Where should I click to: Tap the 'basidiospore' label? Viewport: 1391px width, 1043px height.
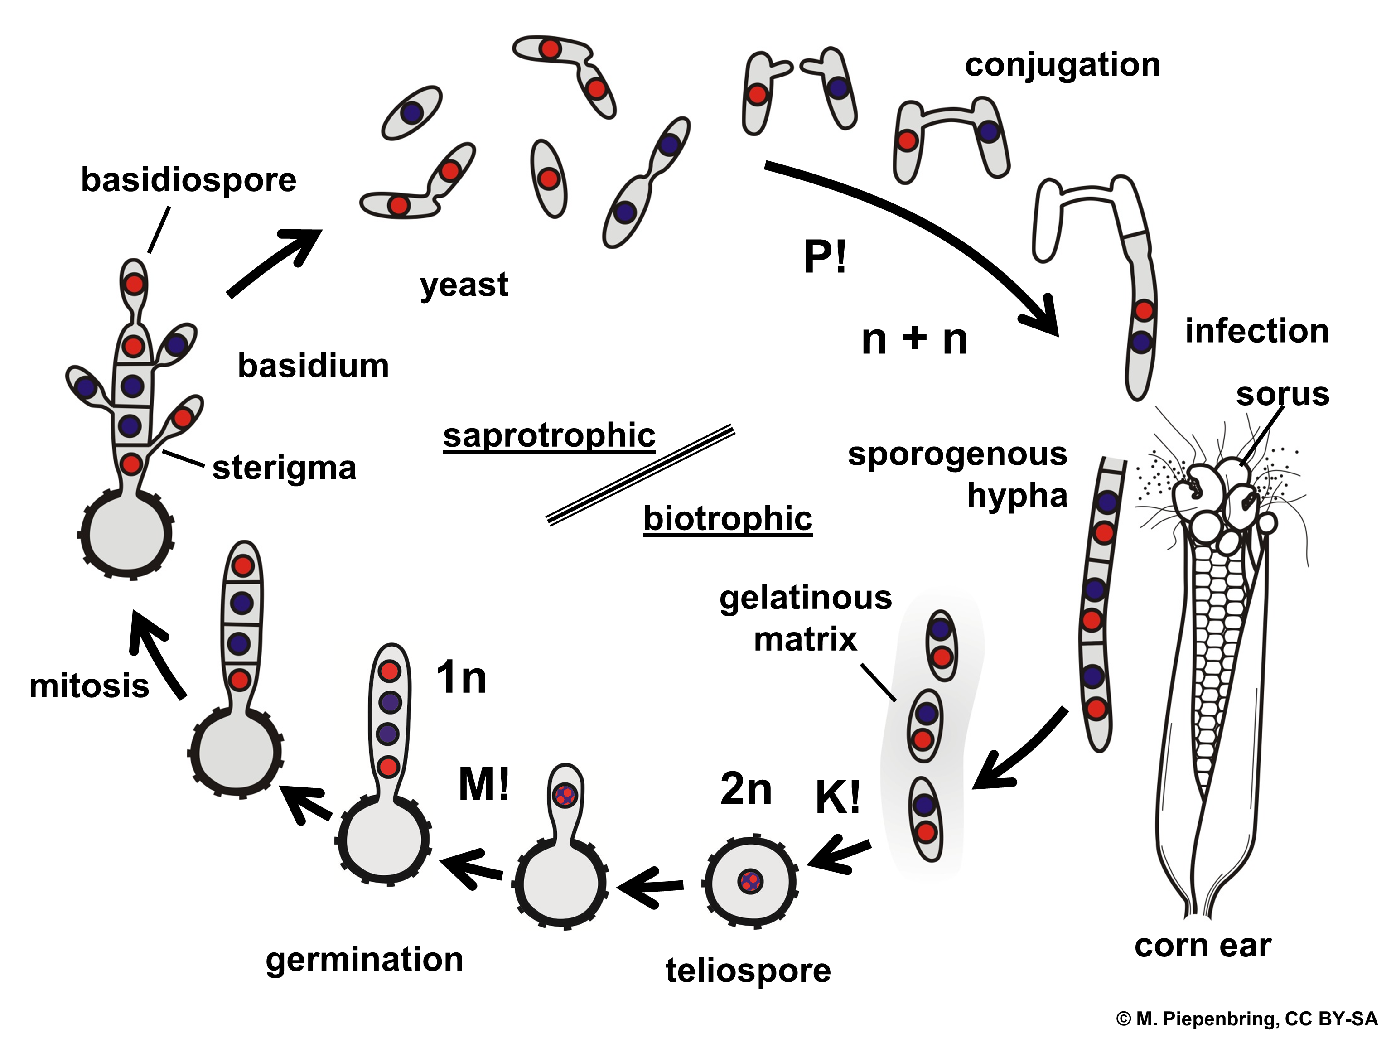click(x=188, y=180)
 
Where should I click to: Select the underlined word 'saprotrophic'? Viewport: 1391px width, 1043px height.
click(x=549, y=436)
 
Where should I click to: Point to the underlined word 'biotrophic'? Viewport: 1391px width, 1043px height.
click(x=728, y=519)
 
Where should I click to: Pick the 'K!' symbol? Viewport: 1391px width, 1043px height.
click(x=838, y=797)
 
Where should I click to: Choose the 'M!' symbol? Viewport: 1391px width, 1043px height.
click(x=483, y=785)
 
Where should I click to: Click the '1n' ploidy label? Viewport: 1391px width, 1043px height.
click(x=461, y=678)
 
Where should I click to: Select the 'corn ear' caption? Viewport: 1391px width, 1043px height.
click(x=1203, y=946)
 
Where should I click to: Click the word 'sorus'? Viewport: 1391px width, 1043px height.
click(x=1282, y=395)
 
